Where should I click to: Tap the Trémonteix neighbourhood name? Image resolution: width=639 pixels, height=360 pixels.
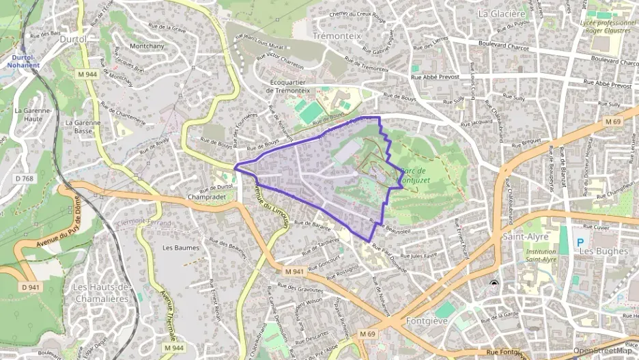click(x=337, y=35)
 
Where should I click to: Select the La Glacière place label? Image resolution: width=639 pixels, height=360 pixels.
click(x=502, y=13)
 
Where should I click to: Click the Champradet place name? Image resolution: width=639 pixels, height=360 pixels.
click(x=210, y=197)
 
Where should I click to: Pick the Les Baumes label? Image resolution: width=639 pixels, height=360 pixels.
click(x=181, y=247)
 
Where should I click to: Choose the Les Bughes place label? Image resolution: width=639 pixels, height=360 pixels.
click(x=603, y=251)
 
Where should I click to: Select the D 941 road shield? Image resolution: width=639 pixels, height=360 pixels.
click(x=31, y=287)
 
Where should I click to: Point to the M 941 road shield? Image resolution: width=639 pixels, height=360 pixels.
click(x=294, y=272)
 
